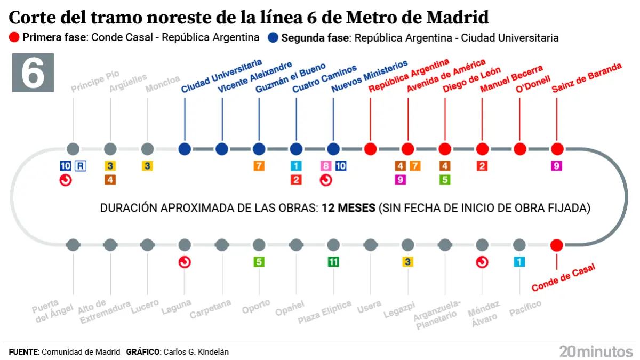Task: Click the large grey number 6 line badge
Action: coord(33,73)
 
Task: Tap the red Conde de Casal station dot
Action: coord(557,245)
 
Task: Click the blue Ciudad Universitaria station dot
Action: coord(185,149)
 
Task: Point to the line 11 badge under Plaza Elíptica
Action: coord(333,262)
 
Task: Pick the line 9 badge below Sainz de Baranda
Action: coord(557,166)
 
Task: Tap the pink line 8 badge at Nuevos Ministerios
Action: coord(326,166)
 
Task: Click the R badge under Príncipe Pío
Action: coord(80,166)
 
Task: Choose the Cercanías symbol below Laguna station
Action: coord(185,262)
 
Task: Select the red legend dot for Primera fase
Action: coord(14,38)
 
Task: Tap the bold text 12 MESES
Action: coord(348,208)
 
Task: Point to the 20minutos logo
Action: coord(596,351)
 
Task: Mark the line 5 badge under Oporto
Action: coord(259,262)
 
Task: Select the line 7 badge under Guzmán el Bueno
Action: coord(259,166)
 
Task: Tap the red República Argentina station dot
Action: coord(371,149)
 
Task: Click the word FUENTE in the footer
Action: coord(23,352)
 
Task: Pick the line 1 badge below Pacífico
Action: coord(519,262)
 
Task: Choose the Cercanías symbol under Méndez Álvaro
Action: coord(482,262)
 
